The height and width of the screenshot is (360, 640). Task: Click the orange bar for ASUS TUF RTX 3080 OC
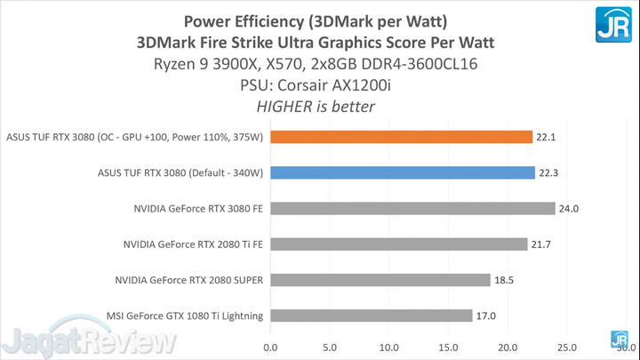pos(401,137)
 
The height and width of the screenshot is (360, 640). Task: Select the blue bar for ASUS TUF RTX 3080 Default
pos(403,172)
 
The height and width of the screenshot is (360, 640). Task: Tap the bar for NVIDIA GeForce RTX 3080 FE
pos(412,208)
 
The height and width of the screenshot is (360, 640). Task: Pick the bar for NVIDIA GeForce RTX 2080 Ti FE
pos(399,244)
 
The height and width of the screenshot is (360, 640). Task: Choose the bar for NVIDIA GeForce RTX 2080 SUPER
pos(380,279)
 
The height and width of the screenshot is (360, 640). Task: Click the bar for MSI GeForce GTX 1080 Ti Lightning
pos(372,315)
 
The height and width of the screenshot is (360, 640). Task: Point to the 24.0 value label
pos(569,208)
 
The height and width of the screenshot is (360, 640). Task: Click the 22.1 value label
pos(547,137)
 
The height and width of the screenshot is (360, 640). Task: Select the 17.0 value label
pos(486,315)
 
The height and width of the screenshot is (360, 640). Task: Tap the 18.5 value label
pos(504,279)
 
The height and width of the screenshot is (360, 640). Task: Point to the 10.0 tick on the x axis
pos(389,347)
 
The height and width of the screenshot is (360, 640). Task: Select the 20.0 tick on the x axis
pos(508,347)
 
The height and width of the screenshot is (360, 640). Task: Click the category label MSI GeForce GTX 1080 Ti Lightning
pos(186,315)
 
